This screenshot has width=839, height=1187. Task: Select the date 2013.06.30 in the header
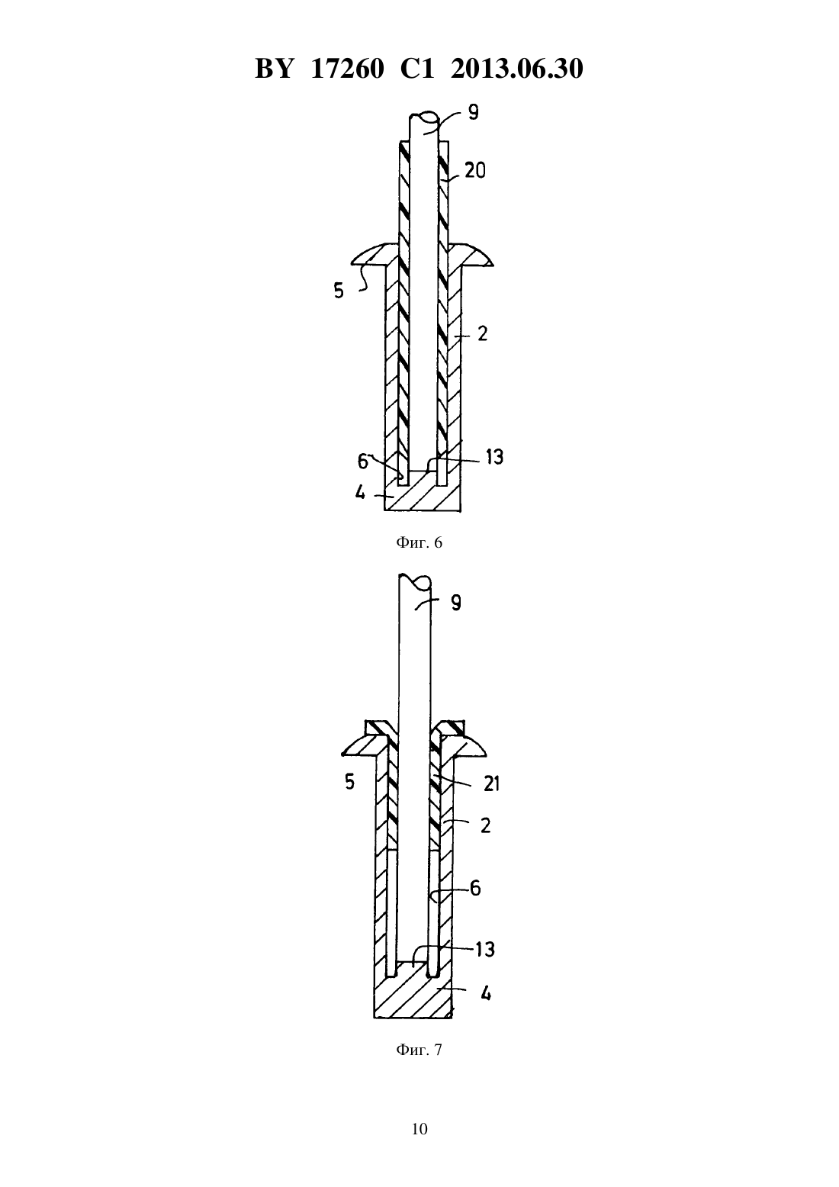[x=517, y=69]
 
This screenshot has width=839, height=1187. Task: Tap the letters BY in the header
[x=274, y=69]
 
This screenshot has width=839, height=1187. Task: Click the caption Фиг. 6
[x=419, y=542]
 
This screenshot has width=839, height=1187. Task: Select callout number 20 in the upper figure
[x=474, y=171]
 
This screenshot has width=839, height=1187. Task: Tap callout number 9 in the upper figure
[x=474, y=112]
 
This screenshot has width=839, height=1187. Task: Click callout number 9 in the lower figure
[x=455, y=603]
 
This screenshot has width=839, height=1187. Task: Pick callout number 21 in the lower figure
[x=491, y=783]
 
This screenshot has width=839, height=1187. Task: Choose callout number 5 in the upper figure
[x=339, y=291]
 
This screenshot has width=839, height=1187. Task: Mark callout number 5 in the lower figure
[x=349, y=782]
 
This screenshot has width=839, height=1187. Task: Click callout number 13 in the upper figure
[x=494, y=457]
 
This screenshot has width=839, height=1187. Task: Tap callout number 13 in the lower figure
[x=485, y=950]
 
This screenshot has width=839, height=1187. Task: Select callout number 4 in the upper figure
[x=360, y=494]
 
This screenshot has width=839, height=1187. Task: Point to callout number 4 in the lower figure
[x=486, y=993]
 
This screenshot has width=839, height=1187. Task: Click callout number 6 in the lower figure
[x=476, y=888]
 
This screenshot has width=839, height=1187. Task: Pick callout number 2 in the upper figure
[x=482, y=334]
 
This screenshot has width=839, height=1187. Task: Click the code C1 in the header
[x=417, y=69]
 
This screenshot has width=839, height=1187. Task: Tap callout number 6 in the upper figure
[x=363, y=462]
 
